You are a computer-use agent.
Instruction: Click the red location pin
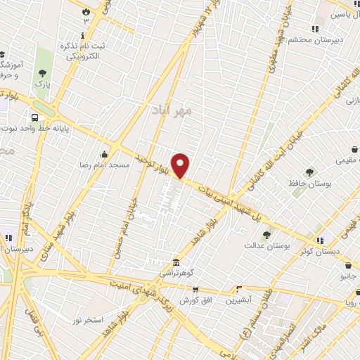point(181,166)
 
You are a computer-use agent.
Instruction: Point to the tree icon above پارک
point(43,73)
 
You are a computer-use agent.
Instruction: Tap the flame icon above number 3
point(86,12)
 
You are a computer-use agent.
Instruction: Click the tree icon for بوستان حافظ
point(309,172)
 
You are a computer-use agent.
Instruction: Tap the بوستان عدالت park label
point(267,246)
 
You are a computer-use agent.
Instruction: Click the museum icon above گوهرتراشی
point(175,263)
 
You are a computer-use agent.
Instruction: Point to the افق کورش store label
point(195,300)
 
